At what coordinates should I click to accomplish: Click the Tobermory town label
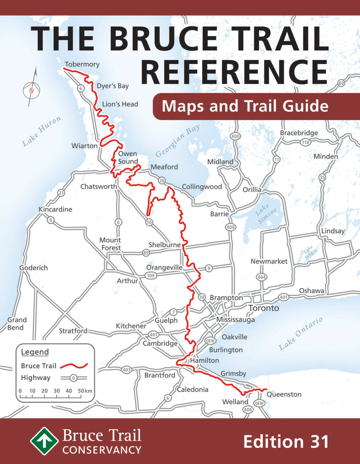81,64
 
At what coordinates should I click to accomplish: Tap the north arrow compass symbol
31,88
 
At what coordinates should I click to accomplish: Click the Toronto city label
263,308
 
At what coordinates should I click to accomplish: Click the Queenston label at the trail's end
283,394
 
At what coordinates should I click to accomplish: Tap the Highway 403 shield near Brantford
127,370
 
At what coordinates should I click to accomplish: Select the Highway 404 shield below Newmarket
261,277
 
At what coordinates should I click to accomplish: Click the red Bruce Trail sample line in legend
74,366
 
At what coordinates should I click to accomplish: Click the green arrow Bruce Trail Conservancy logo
45,441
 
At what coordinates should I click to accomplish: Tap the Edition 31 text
286,441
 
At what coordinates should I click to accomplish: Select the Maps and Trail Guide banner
244,107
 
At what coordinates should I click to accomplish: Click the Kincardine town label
55,210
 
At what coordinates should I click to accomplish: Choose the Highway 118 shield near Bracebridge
305,142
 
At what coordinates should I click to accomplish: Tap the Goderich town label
33,268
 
